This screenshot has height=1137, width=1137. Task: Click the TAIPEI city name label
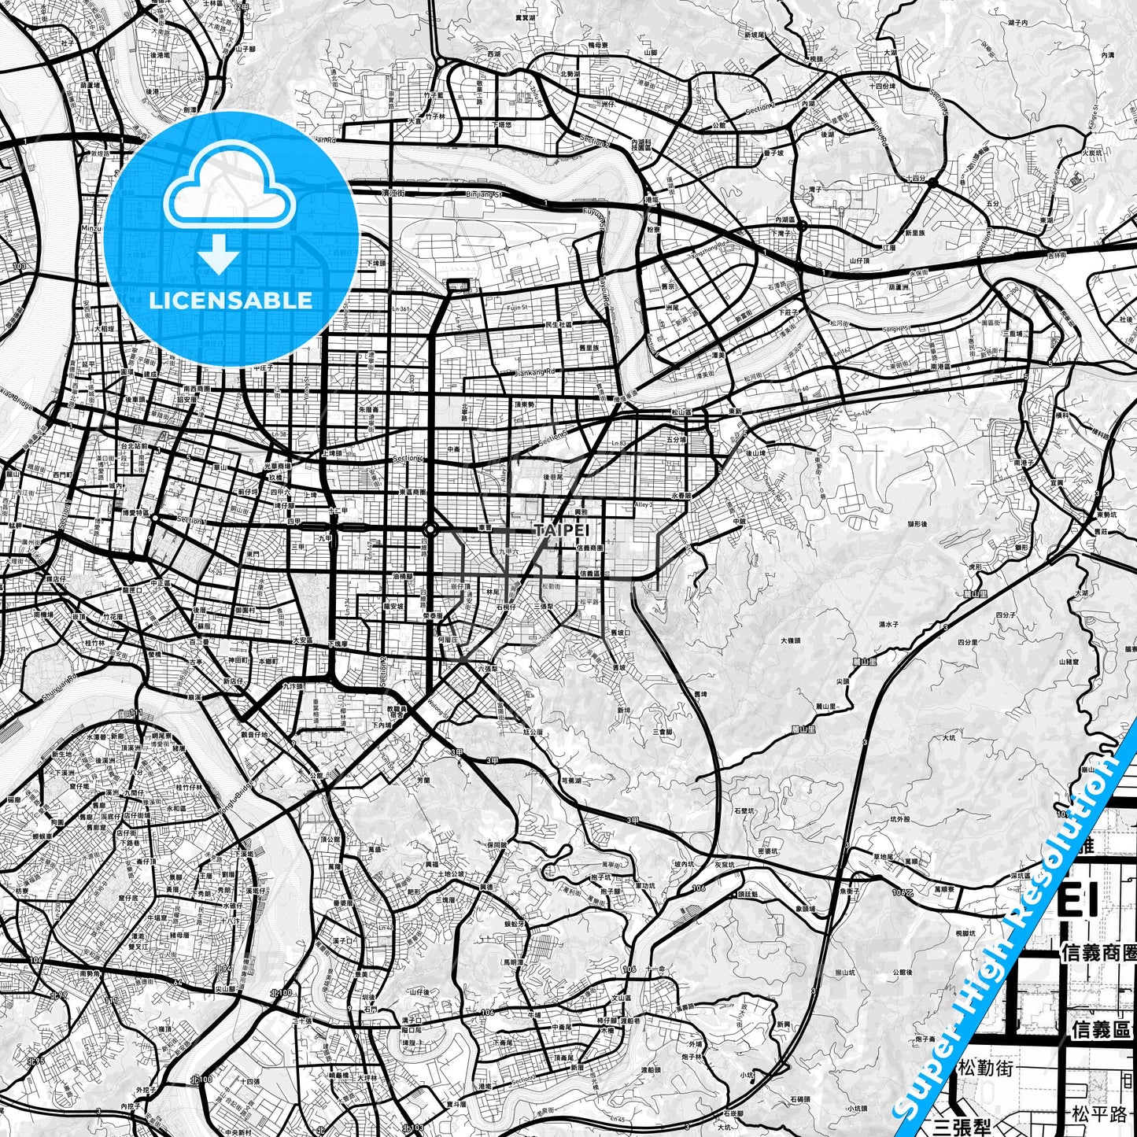tap(562, 530)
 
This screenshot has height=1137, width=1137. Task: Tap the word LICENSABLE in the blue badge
tap(231, 301)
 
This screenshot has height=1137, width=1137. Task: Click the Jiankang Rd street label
tap(534, 371)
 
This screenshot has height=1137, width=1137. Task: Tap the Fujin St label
tap(517, 308)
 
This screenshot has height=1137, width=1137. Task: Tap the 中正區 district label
tap(159, 583)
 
